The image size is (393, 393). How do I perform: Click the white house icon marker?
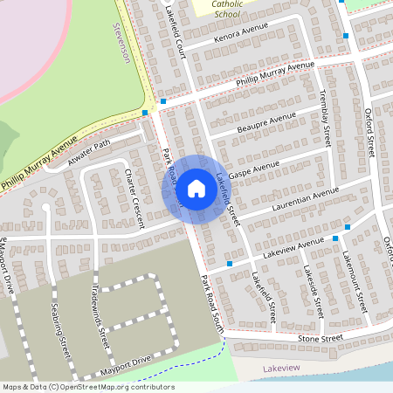(x=196, y=189)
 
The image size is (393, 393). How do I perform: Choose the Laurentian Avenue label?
(x=305, y=198)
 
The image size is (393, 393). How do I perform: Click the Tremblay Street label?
(x=326, y=117)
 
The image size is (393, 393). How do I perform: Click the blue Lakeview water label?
(x=280, y=368)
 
